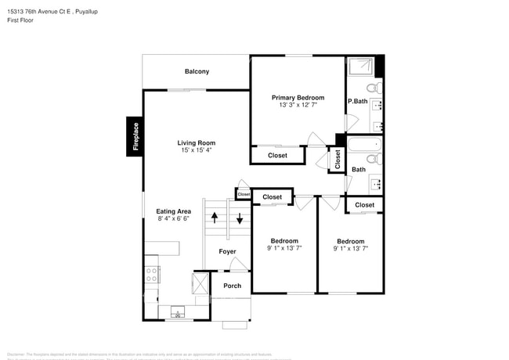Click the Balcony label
[x=197, y=72]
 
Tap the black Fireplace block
[x=135, y=136]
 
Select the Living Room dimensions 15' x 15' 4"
[x=196, y=150]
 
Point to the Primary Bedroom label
[x=298, y=98]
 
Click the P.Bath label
[x=358, y=101]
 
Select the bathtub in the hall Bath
[x=363, y=145]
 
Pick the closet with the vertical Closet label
[x=338, y=159]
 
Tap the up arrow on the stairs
[x=214, y=218]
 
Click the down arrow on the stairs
[x=240, y=218]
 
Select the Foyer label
[x=227, y=251]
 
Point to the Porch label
[x=233, y=286]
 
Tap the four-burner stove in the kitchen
[x=152, y=275]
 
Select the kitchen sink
[x=176, y=314]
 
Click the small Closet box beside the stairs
[x=244, y=194]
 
